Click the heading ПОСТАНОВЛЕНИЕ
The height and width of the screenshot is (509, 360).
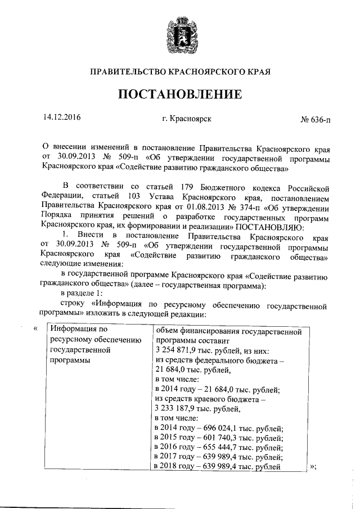click(x=180, y=93)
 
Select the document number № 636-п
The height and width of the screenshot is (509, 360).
click(x=315, y=120)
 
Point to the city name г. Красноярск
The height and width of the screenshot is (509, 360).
click(x=186, y=119)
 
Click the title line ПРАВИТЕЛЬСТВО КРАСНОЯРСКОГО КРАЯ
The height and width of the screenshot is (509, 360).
click(x=180, y=72)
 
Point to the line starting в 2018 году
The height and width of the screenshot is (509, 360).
click(x=217, y=467)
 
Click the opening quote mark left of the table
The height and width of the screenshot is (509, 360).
click(x=36, y=328)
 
